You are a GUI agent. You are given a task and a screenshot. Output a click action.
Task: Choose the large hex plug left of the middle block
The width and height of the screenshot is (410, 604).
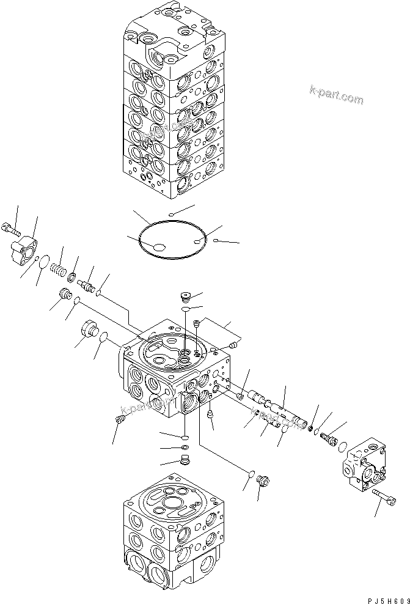point(90,330)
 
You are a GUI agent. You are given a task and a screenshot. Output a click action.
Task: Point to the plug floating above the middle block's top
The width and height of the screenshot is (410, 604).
point(186,298)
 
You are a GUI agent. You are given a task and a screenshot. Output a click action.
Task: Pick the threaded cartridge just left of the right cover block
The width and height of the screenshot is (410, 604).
point(330,439)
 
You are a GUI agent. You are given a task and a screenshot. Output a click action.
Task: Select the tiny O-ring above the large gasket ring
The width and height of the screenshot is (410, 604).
point(172,214)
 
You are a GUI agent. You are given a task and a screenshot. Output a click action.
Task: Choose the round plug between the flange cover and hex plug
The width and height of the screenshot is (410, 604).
point(62,295)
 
